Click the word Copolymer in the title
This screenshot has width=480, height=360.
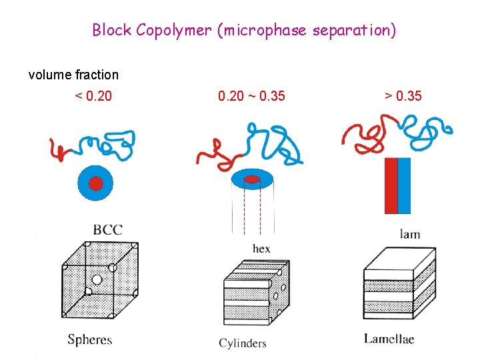pyautogui.click(x=176, y=30)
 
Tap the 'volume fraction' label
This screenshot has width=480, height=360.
pyautogui.click(x=73, y=75)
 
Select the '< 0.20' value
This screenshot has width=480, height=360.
pyautogui.click(x=93, y=96)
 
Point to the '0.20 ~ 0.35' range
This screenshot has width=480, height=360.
pyautogui.click(x=251, y=96)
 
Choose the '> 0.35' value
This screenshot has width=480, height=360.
pyautogui.click(x=403, y=96)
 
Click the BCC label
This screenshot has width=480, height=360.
pyautogui.click(x=107, y=230)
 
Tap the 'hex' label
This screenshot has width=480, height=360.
pyautogui.click(x=261, y=249)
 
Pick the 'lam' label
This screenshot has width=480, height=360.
pyautogui.click(x=409, y=234)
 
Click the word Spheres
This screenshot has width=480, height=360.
pyautogui.click(x=90, y=339)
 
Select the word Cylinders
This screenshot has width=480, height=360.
pyautogui.click(x=243, y=343)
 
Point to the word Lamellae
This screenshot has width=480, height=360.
pyautogui.click(x=389, y=339)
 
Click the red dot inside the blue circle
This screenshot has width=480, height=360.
pyautogui.click(x=96, y=183)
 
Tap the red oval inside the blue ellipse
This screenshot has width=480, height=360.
pyautogui.click(x=252, y=179)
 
